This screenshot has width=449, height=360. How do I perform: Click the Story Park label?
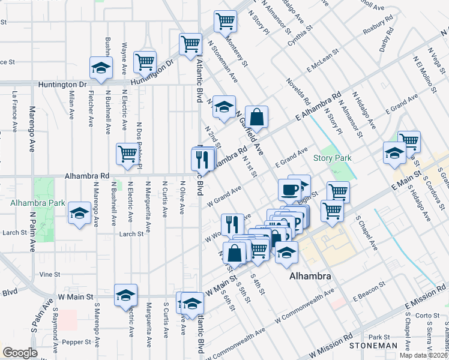(x=332, y=158)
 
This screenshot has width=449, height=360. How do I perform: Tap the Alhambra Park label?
(x=37, y=203)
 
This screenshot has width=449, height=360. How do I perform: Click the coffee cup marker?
(x=289, y=190)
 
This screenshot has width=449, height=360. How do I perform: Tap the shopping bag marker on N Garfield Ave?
(x=256, y=118)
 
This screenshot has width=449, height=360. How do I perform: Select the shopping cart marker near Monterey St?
(x=225, y=22)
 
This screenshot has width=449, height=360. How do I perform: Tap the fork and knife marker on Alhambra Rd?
(x=202, y=159)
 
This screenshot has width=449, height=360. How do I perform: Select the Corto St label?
(x=427, y=315)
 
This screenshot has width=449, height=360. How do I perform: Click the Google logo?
(x=20, y=353)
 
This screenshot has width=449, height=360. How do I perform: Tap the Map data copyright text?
(x=423, y=355)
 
